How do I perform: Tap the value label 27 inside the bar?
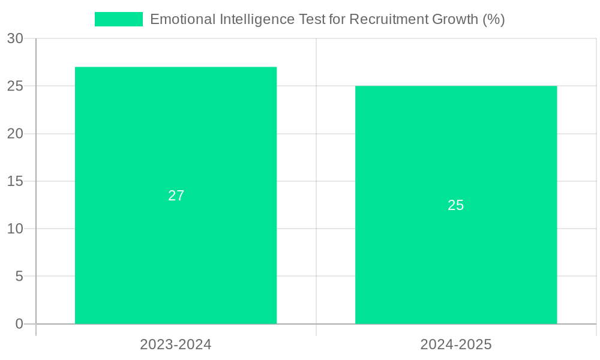point(176,196)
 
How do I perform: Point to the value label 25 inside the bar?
point(456,205)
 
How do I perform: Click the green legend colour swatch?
point(118,19)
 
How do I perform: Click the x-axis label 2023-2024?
point(176,344)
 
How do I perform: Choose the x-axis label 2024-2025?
point(456,344)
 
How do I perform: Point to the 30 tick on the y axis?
point(15,38)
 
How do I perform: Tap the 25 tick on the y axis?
point(15,86)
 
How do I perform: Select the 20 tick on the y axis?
point(15,134)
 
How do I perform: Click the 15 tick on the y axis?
point(15,181)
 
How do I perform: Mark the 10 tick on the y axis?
point(15,229)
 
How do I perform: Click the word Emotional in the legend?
point(178,19)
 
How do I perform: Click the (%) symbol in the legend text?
point(494,19)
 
